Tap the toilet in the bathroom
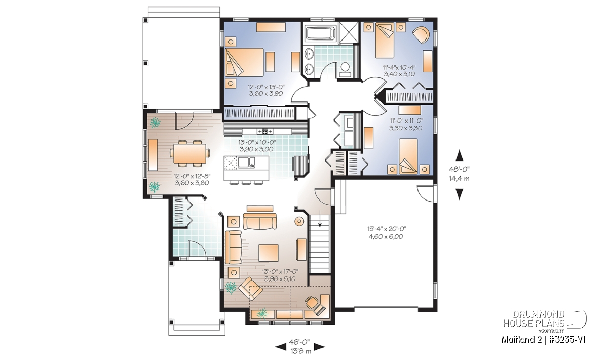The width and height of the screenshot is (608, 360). point(345,70)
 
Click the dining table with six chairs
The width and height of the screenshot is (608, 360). point(189,153)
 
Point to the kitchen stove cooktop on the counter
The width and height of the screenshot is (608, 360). point(265,131)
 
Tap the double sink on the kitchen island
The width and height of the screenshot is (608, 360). point(246,162)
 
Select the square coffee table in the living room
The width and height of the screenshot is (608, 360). point(269,253)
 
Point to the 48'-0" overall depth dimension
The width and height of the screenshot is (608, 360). point(459,169)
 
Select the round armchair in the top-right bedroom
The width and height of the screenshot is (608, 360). point(421,34)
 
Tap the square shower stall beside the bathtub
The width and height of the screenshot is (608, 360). point(349,32)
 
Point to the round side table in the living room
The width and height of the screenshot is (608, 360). point(299,222)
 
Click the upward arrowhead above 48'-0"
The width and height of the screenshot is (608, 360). point(459,155)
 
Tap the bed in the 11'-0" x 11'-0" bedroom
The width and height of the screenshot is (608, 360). point(408,156)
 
